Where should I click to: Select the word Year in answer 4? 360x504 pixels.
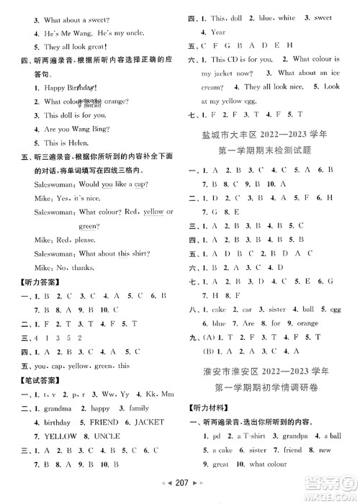(x=217, y=32)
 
